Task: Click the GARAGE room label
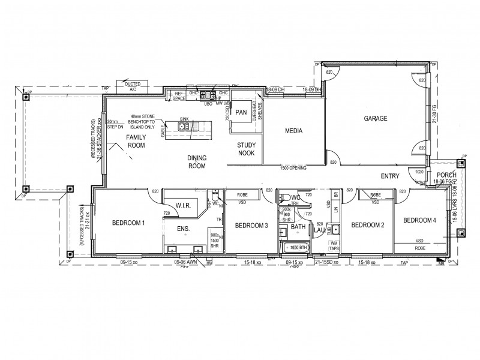[375, 118]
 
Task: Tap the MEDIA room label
[293, 129]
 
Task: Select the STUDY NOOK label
[247, 149]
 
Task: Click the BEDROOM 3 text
[251, 226]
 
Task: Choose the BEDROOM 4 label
[419, 221]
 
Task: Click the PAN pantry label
[241, 112]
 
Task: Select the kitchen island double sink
[184, 127]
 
